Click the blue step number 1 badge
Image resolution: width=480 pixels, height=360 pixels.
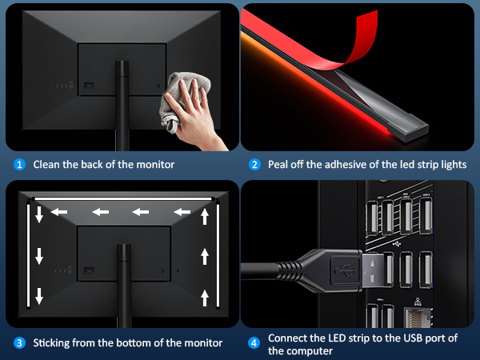(x=19, y=165)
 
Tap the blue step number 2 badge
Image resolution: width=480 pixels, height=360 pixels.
(x=254, y=165)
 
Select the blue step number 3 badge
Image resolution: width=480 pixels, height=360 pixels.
(x=19, y=343)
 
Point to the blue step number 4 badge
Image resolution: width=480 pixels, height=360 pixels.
(x=254, y=343)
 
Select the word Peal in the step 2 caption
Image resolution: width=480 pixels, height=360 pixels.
(x=280, y=165)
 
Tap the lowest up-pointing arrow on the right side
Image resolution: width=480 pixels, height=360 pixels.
(x=205, y=298)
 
